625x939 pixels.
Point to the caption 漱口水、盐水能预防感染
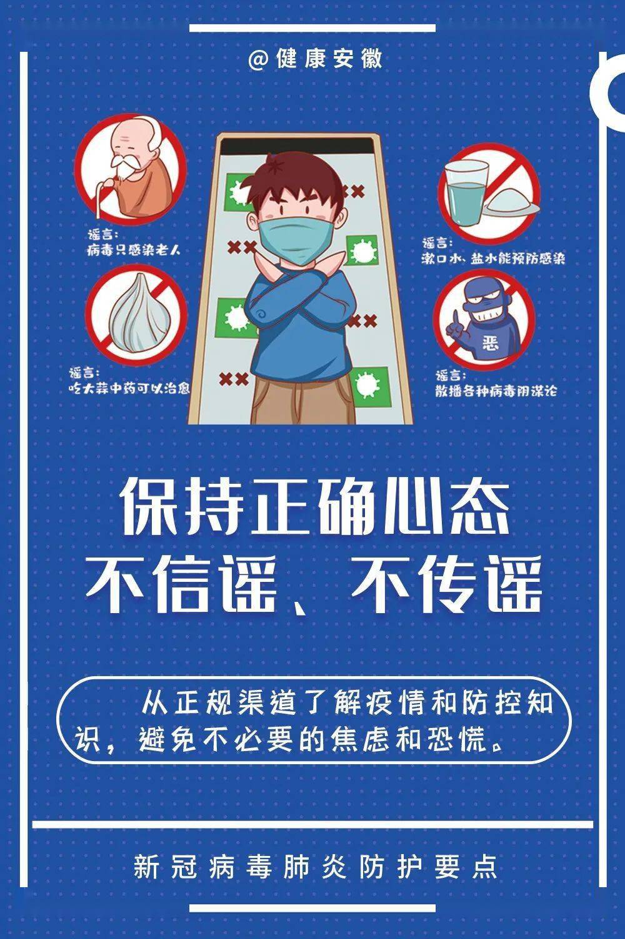[494, 257]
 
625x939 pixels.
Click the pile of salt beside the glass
[509, 203]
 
